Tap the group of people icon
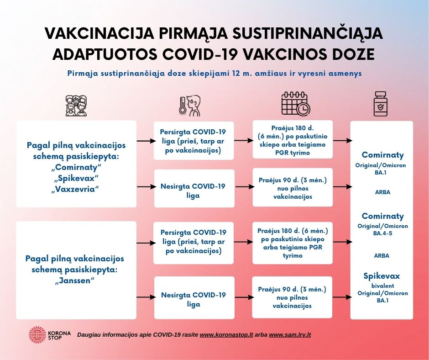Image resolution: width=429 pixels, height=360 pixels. click(76, 106)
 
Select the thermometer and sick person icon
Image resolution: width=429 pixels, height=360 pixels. click(189, 106)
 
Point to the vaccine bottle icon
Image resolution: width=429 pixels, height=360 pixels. click(380, 104)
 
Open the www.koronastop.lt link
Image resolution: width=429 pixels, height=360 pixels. click(226, 335)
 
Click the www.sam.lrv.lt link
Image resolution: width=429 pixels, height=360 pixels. click(290, 335)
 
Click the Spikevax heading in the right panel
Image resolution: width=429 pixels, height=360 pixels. click(382, 276)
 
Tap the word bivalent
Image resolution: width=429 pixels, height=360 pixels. click(382, 286)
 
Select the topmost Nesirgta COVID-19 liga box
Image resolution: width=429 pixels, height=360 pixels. click(193, 191)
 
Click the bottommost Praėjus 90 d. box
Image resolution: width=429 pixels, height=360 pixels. click(293, 297)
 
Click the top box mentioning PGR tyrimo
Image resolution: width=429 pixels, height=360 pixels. click(293, 139)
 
